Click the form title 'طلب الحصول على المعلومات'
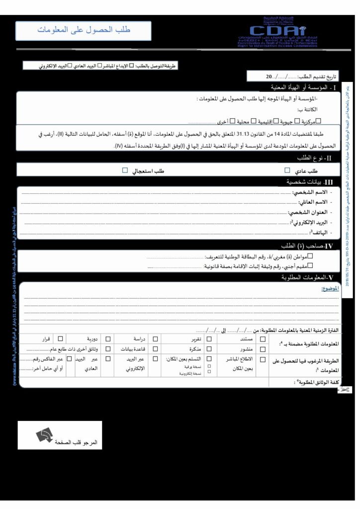(83, 30)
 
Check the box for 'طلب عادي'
(287, 170)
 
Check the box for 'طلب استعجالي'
(125, 170)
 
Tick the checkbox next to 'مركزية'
(319, 120)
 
